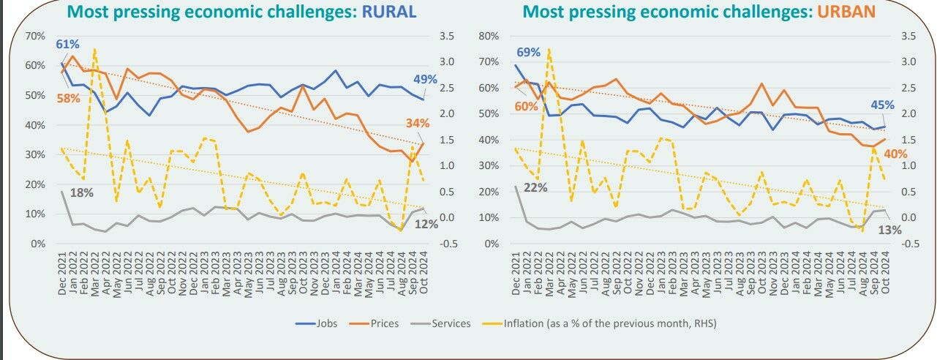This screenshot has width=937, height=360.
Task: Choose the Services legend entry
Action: (451, 323)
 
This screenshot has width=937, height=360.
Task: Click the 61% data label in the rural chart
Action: (68, 45)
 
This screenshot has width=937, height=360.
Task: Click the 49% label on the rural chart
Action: (425, 80)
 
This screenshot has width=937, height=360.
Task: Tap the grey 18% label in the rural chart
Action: (82, 193)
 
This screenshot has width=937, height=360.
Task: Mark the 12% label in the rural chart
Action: (426, 225)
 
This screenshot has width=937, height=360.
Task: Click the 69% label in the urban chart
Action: (527, 53)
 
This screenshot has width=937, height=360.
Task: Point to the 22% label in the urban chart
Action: (535, 187)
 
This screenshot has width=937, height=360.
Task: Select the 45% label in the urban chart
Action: (882, 105)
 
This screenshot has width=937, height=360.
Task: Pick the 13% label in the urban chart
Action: (890, 230)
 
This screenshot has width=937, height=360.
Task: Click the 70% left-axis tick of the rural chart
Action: (35, 36)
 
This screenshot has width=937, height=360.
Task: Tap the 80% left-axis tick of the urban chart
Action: (488, 36)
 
